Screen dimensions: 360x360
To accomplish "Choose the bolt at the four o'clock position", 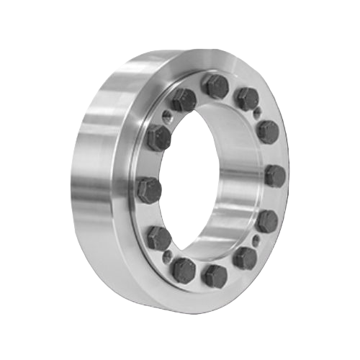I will [x=267, y=218].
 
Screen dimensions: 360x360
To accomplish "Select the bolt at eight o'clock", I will [x=158, y=237].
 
